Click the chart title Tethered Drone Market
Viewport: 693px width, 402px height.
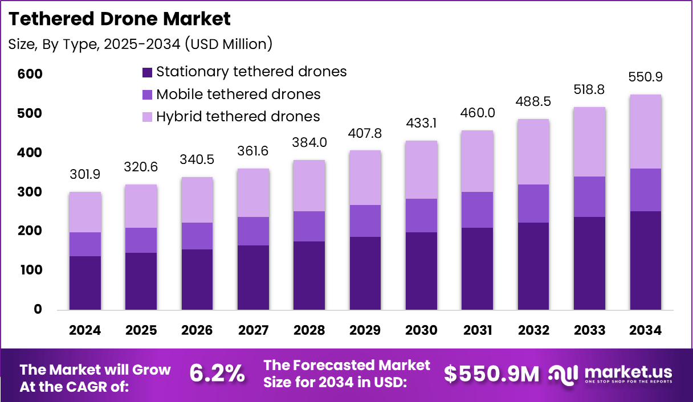point(120,19)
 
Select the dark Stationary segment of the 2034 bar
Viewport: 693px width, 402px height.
point(645,260)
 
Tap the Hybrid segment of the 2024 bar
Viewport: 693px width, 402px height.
point(85,212)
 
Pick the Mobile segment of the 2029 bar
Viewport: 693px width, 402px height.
point(365,221)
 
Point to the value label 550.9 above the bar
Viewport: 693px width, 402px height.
point(645,77)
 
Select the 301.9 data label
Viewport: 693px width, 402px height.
point(85,174)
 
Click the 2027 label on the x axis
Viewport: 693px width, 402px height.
point(254,331)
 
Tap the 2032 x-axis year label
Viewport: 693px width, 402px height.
point(533,331)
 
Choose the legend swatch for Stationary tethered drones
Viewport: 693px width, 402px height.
point(147,72)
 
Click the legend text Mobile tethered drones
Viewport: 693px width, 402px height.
point(238,94)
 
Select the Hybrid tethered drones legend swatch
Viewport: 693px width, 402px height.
point(147,117)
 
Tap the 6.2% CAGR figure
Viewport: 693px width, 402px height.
point(217,374)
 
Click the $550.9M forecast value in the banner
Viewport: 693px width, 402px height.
point(491,374)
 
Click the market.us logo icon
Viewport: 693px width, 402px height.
point(563,374)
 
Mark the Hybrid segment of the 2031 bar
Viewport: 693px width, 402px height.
point(478,161)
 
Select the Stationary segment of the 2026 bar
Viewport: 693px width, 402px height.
point(197,279)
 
